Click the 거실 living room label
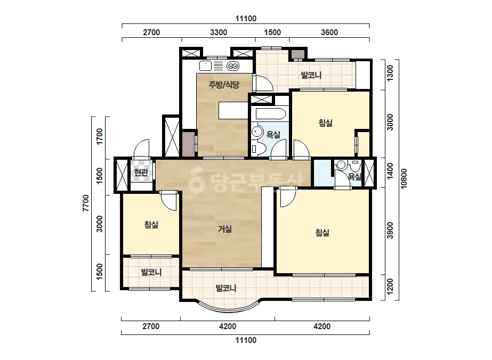pyautogui.click(x=224, y=229)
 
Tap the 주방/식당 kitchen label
pyautogui.click(x=224, y=84)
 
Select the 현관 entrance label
pyautogui.click(x=141, y=172)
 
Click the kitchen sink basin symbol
pyautogui.click(x=206, y=66)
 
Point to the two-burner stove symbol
pyautogui.click(x=233, y=66)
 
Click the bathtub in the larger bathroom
pyautogui.click(x=271, y=114)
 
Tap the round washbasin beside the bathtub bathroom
pyautogui.click(x=257, y=132)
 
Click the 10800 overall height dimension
pyautogui.click(x=404, y=179)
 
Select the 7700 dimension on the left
pyautogui.click(x=86, y=203)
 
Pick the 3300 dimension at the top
pyautogui.click(x=219, y=32)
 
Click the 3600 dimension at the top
pyautogui.click(x=329, y=32)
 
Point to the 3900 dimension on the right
pyautogui.click(x=390, y=231)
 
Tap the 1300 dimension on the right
pyautogui.click(x=390, y=73)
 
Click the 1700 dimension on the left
pyautogui.click(x=100, y=136)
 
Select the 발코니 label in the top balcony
pyautogui.click(x=311, y=75)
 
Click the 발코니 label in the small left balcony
pyautogui.click(x=151, y=272)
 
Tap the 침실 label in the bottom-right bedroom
pyautogui.click(x=322, y=233)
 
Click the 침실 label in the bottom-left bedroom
pyautogui.click(x=151, y=225)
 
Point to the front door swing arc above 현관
pyautogui.click(x=141, y=149)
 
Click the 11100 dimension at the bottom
pyautogui.click(x=246, y=340)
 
